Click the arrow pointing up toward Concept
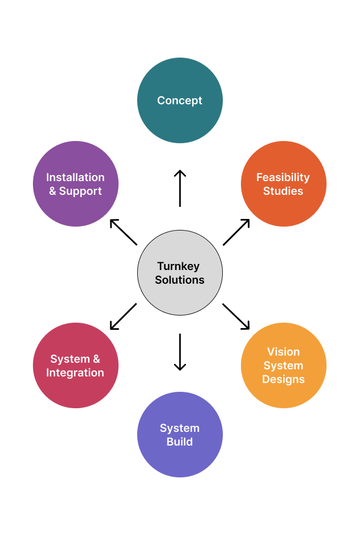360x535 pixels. pyautogui.click(x=179, y=188)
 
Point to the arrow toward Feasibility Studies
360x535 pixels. pyautogui.click(x=237, y=232)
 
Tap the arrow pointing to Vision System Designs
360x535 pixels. pyautogui.click(x=236, y=316)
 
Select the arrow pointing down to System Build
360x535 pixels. pyautogui.click(x=179, y=352)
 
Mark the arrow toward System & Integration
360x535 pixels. pyautogui.click(x=123, y=317)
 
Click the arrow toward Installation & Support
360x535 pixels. pyautogui.click(x=123, y=232)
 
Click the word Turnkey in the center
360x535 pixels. pyautogui.click(x=178, y=266)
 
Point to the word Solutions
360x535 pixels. pyautogui.click(x=179, y=280)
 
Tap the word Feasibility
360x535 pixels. pyautogui.click(x=283, y=177)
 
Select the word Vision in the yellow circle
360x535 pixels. pyautogui.click(x=283, y=352)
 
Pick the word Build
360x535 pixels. pyautogui.click(x=179, y=442)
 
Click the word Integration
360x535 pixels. pyautogui.click(x=75, y=373)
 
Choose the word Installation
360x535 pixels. pyautogui.click(x=75, y=177)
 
